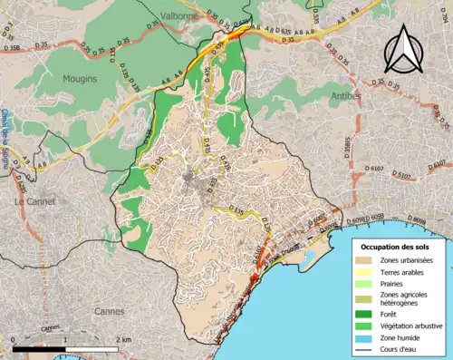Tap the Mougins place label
tap(80, 79)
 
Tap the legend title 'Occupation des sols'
tap(396, 247)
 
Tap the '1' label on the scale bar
tap(65, 337)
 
